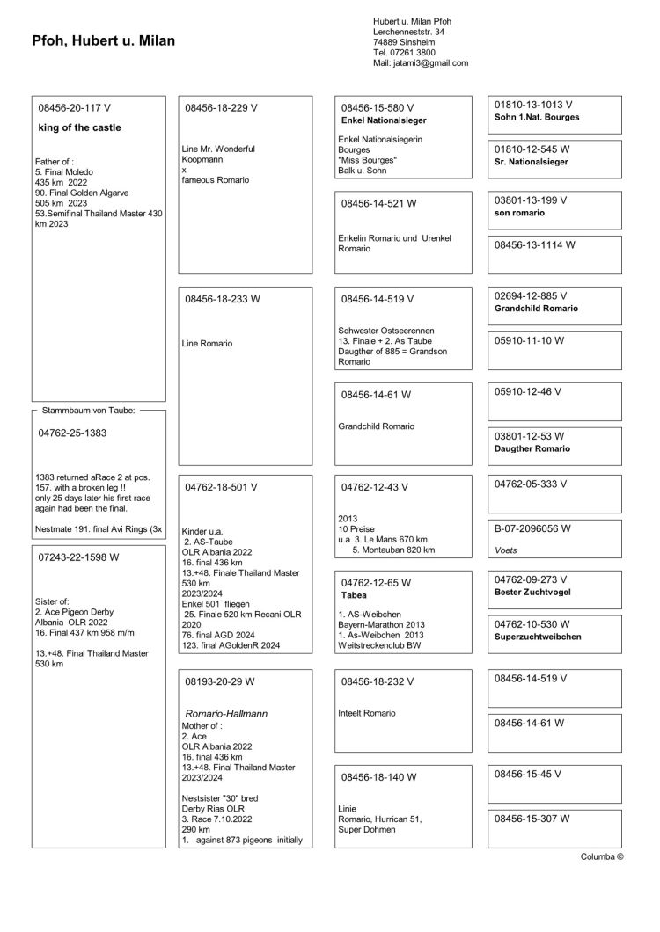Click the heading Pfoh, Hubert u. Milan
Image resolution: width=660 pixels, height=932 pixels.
(x=103, y=40)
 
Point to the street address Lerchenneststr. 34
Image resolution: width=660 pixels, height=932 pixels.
(x=408, y=32)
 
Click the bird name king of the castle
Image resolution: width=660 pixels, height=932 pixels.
(x=80, y=127)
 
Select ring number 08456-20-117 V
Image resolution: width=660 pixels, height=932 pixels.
(x=74, y=107)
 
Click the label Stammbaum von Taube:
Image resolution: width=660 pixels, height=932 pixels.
(x=88, y=410)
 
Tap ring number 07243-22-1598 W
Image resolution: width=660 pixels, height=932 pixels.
(x=78, y=557)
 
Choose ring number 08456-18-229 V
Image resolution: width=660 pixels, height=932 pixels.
(x=221, y=107)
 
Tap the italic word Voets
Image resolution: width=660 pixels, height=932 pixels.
(x=507, y=550)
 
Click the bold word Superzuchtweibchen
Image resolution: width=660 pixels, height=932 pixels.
(x=538, y=637)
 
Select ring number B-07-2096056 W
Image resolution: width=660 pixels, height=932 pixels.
(x=532, y=528)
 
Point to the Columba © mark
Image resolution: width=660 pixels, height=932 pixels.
(x=602, y=856)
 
